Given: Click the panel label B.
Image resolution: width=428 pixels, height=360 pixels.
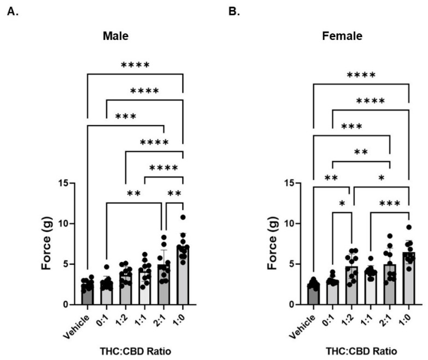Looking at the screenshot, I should (x=234, y=11).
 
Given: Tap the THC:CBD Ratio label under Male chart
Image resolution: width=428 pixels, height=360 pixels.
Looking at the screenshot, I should (x=134, y=350).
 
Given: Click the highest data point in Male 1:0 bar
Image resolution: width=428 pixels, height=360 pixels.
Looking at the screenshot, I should (x=183, y=217).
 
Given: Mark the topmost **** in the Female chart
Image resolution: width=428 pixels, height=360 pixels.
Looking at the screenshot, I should (x=361, y=75).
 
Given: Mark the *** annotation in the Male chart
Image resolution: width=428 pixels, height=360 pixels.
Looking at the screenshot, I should (x=125, y=116).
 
